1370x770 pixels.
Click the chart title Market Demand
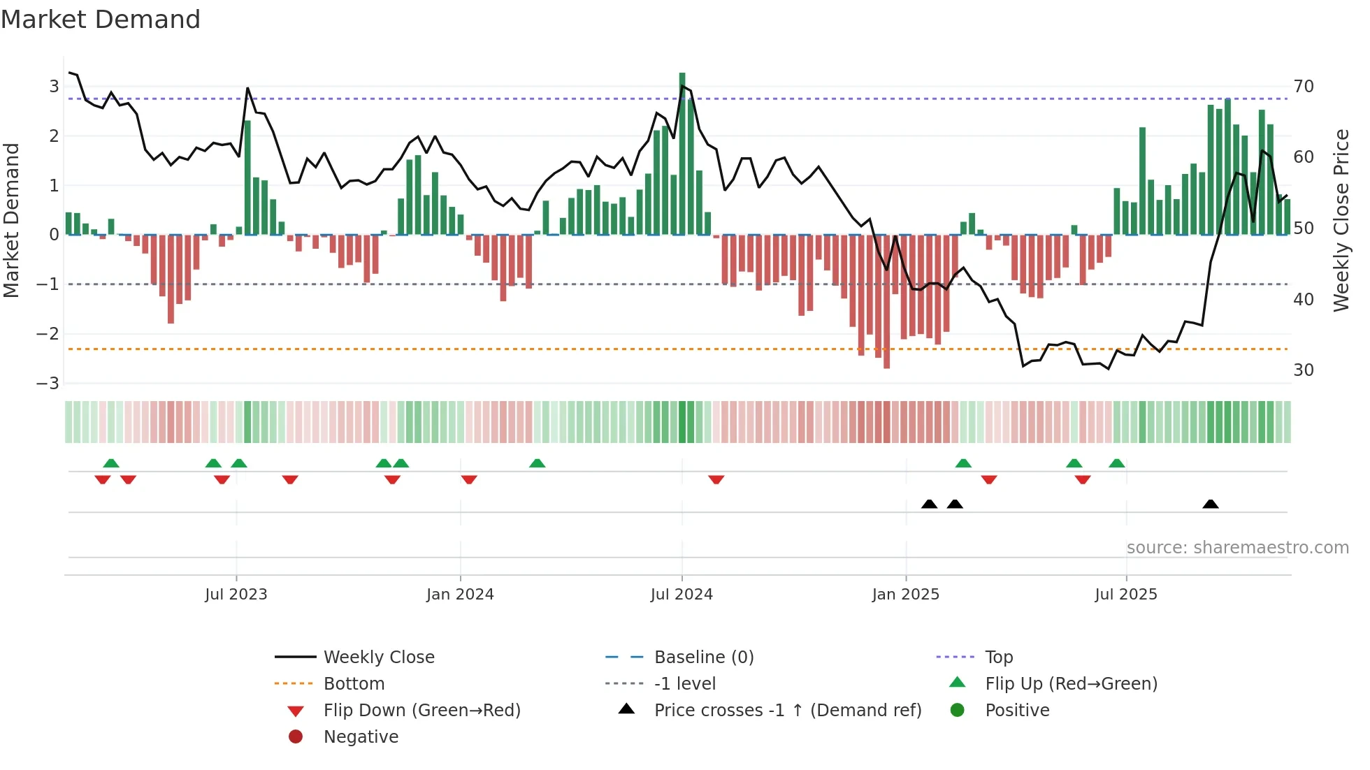101,20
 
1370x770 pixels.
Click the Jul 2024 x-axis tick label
682,595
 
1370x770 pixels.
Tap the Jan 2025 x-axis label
905,595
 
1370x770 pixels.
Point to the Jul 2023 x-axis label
236,595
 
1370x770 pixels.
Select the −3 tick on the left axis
48,384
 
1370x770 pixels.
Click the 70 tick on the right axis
1303,87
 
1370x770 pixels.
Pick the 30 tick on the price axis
1303,370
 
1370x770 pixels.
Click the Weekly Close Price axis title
1341,220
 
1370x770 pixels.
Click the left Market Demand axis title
11,220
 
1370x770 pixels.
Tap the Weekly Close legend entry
378,658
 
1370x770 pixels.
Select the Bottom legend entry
354,684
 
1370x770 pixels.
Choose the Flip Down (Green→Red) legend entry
421,711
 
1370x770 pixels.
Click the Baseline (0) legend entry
703,658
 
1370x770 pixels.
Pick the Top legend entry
998,658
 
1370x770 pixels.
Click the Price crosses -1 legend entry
787,711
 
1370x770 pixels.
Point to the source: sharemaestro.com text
1237,548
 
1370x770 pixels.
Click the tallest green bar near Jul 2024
682,154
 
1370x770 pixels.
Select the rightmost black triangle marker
1211,504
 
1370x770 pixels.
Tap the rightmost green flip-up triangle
1117,463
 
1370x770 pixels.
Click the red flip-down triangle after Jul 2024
716,479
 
